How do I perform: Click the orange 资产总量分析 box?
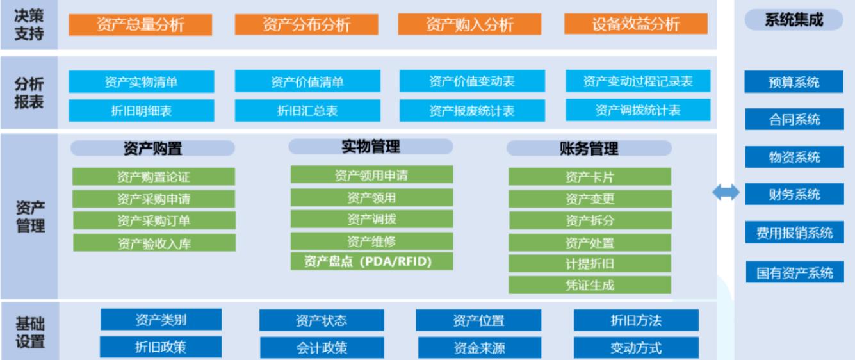coord(140,25)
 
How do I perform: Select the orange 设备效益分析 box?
coord(635,24)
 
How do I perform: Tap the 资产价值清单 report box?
coord(307,81)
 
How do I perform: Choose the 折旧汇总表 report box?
coord(307,111)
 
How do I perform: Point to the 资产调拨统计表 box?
coord(638,110)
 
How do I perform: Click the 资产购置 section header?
coord(152,148)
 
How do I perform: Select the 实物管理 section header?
coord(371,147)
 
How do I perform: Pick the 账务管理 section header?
coord(589,148)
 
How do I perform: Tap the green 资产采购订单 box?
coord(154,220)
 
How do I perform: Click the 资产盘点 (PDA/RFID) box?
coord(371,261)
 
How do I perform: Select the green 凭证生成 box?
coord(590,285)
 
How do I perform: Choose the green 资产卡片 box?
coord(590,177)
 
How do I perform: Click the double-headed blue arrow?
coord(726,192)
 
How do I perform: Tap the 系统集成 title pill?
coord(794,20)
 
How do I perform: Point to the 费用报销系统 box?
coord(794,232)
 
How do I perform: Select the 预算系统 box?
coord(794,82)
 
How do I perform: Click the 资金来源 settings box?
coord(480,347)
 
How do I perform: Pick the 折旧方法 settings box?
coord(636,320)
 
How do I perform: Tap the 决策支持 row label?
coord(29,25)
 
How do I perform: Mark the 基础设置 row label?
coord(29,332)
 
